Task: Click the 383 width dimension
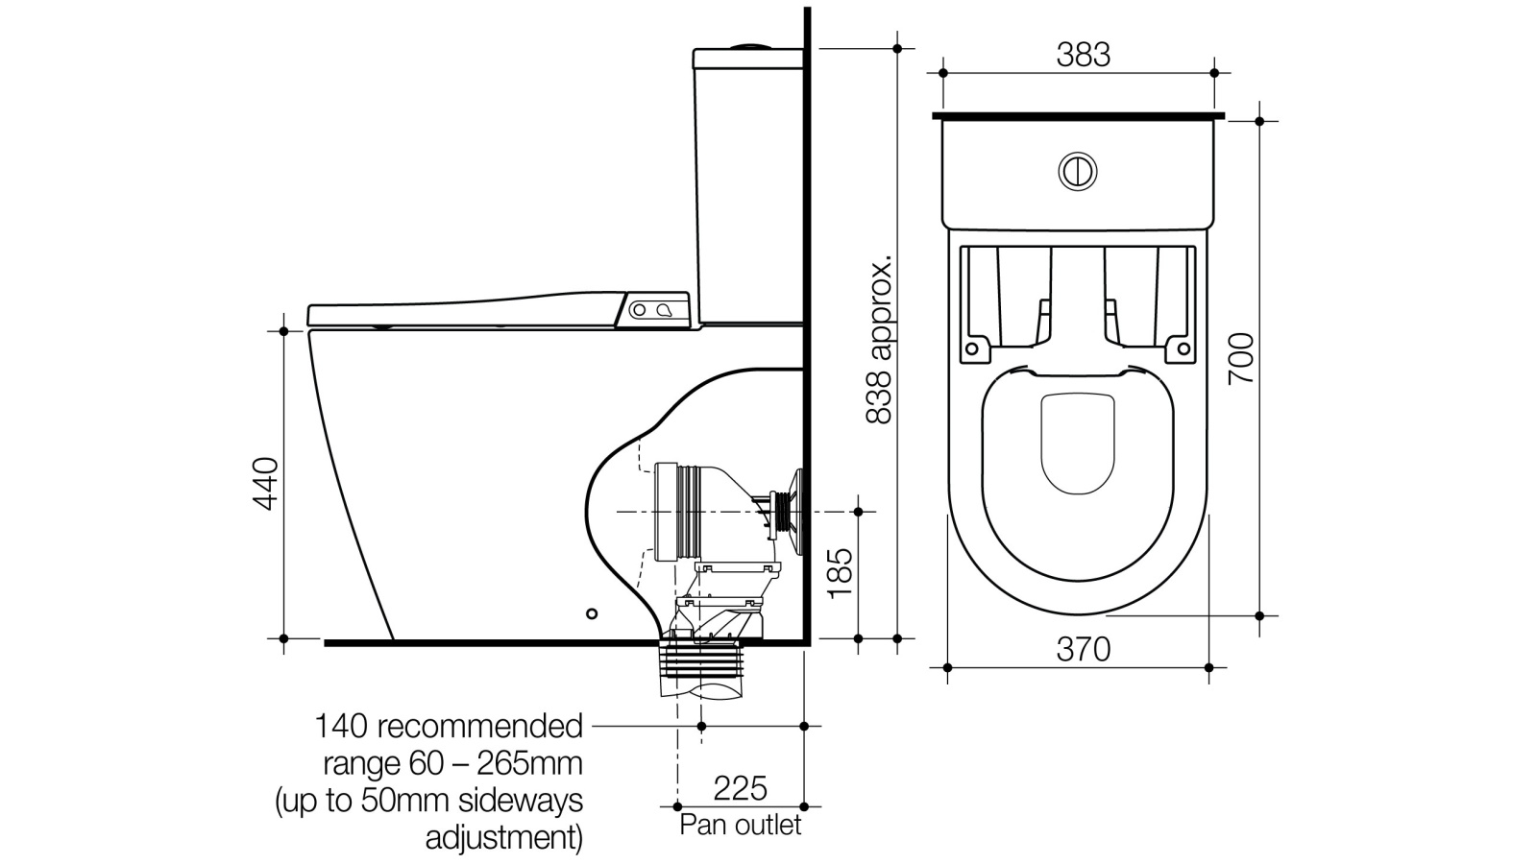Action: click(1083, 55)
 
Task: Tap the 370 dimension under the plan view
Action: click(1083, 650)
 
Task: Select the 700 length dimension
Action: click(1241, 358)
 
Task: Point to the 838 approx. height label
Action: click(879, 338)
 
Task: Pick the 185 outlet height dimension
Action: click(840, 573)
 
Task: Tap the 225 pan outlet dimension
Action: click(740, 788)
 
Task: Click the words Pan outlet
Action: click(740, 825)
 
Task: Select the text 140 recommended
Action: click(449, 726)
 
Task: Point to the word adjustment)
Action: click(503, 838)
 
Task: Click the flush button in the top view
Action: click(1078, 172)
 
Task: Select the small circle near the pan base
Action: click(592, 613)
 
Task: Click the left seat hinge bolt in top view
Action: click(971, 348)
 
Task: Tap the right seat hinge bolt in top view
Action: click(1183, 348)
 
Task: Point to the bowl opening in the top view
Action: click(1077, 444)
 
